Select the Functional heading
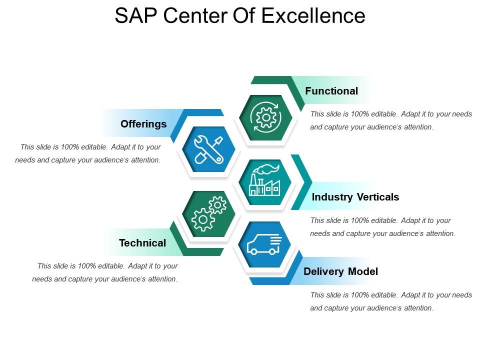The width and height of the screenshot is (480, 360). coord(331,91)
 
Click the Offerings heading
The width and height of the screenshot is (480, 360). coord(143,124)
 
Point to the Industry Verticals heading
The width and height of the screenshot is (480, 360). coord(355,197)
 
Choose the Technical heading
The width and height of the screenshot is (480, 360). coord(142,243)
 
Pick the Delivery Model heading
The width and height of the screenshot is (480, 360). coord(341,271)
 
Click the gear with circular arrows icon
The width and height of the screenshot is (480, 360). coord(265,118)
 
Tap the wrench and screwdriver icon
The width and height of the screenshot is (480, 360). coord(208,149)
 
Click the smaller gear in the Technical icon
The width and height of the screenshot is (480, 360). coord(217,205)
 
